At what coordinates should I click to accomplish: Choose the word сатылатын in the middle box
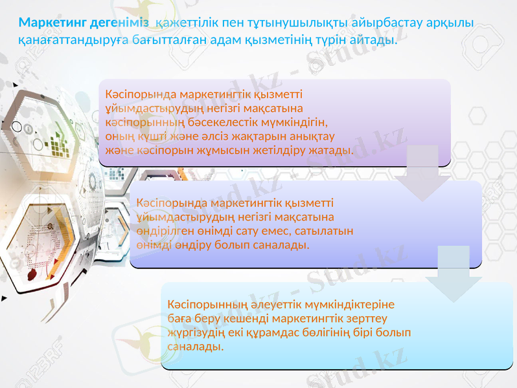click(327, 231)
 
